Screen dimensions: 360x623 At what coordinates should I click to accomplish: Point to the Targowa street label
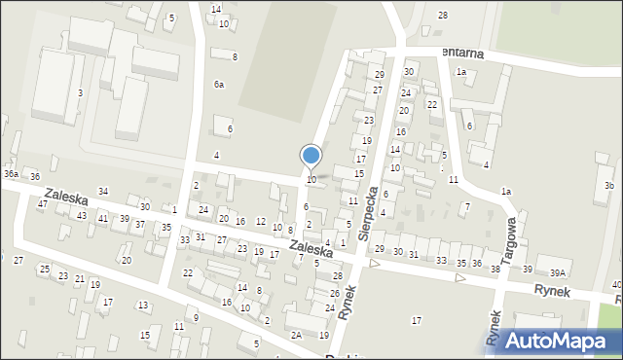pos(507,235)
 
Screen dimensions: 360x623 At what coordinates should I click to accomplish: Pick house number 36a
pos(11,173)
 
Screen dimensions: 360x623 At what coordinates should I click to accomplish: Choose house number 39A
pos(557,273)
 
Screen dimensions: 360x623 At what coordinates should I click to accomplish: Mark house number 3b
pos(608,186)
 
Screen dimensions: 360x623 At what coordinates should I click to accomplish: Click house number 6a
pos(219,85)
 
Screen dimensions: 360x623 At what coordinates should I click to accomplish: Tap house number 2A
pos(296,335)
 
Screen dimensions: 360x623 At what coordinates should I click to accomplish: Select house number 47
pos(42,204)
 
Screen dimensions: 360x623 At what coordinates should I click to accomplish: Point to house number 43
pos(82,215)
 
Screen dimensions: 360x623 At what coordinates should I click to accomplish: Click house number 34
pos(103,192)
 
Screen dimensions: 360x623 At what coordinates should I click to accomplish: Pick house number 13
pos(143,306)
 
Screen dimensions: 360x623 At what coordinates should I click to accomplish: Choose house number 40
pos(617,285)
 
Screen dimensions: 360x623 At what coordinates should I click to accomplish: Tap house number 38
pos(495,269)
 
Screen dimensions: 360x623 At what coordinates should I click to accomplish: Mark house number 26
pos(334,293)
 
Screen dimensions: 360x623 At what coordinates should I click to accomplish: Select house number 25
pos(44,269)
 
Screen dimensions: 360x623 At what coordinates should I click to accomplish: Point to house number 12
pos(265,319)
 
